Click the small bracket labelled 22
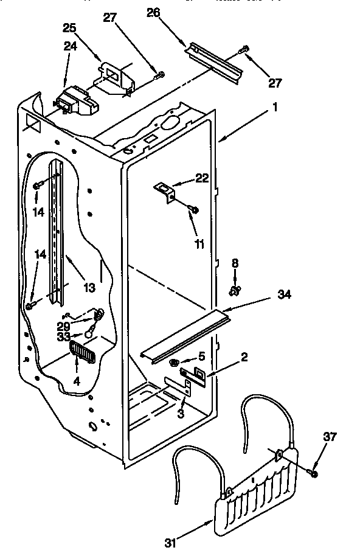tap(164, 190)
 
